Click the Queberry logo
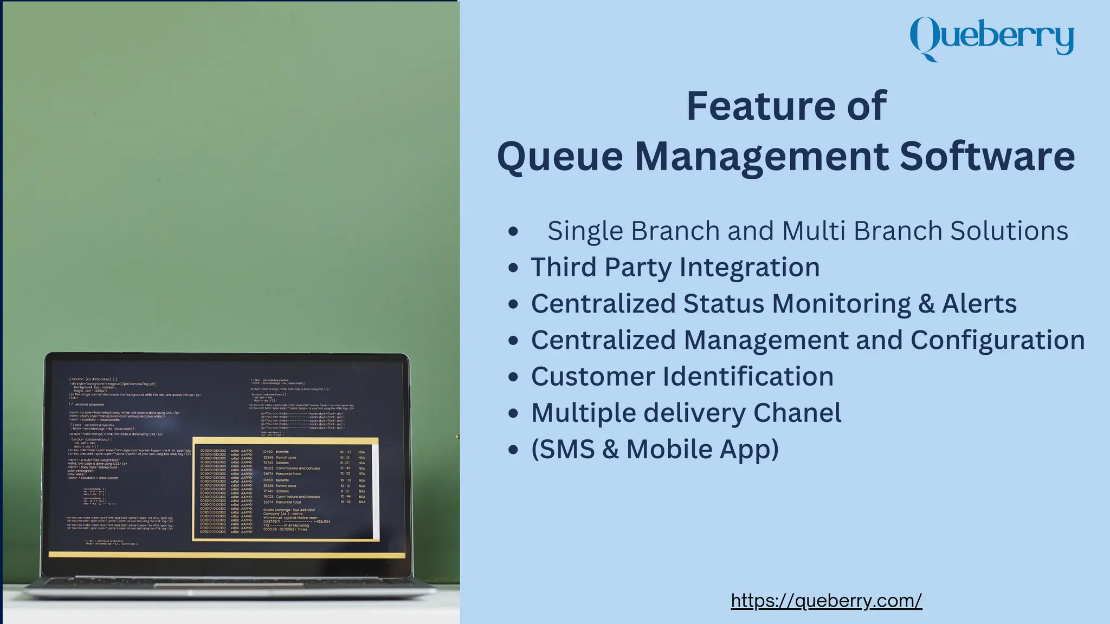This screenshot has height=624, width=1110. click(991, 38)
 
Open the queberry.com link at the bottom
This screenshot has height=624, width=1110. click(826, 600)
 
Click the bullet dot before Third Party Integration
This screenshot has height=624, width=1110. click(513, 268)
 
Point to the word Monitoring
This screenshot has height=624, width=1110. click(841, 304)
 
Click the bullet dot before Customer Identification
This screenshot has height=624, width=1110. click(513, 377)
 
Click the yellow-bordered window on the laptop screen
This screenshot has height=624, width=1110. click(286, 489)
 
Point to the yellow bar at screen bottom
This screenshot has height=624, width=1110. click(227, 555)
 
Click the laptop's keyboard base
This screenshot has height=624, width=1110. click(228, 585)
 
